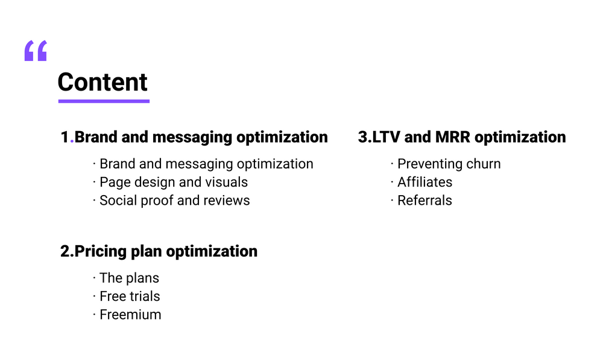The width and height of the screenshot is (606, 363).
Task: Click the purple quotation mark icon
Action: pos(36,51)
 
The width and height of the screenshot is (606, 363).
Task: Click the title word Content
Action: pos(103,82)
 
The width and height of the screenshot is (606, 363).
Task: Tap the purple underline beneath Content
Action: pos(104,101)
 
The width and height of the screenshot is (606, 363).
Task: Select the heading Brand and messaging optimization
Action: pos(201,137)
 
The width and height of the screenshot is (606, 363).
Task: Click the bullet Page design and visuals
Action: pos(174,182)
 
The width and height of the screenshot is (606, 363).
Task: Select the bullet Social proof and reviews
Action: pos(174,200)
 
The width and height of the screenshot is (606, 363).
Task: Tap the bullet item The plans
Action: pos(129,278)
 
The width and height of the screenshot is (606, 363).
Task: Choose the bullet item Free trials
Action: pos(130,296)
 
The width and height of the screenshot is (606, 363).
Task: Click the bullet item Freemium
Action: pos(130,314)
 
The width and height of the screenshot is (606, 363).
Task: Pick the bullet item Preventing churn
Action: pos(449,164)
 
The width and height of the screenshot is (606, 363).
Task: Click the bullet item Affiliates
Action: pos(425,182)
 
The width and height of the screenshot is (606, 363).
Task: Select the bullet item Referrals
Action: pos(425,200)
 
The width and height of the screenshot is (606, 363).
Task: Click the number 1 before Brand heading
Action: pos(65,137)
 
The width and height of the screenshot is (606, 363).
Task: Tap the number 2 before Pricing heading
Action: pos(65,251)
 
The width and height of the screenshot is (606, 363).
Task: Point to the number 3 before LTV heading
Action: pos(363,137)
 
